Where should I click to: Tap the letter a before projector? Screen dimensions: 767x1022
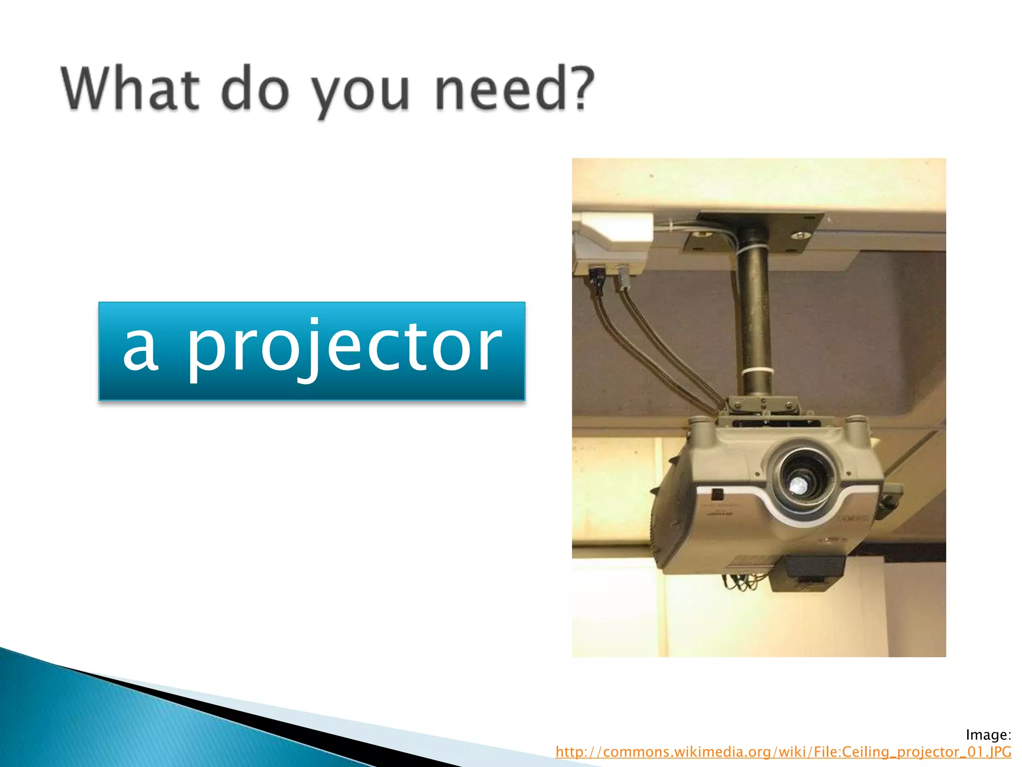[x=141, y=350]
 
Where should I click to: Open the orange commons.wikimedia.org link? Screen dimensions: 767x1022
[x=783, y=752]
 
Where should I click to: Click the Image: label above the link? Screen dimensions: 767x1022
[x=988, y=735]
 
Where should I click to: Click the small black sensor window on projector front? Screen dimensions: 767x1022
[x=717, y=494]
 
